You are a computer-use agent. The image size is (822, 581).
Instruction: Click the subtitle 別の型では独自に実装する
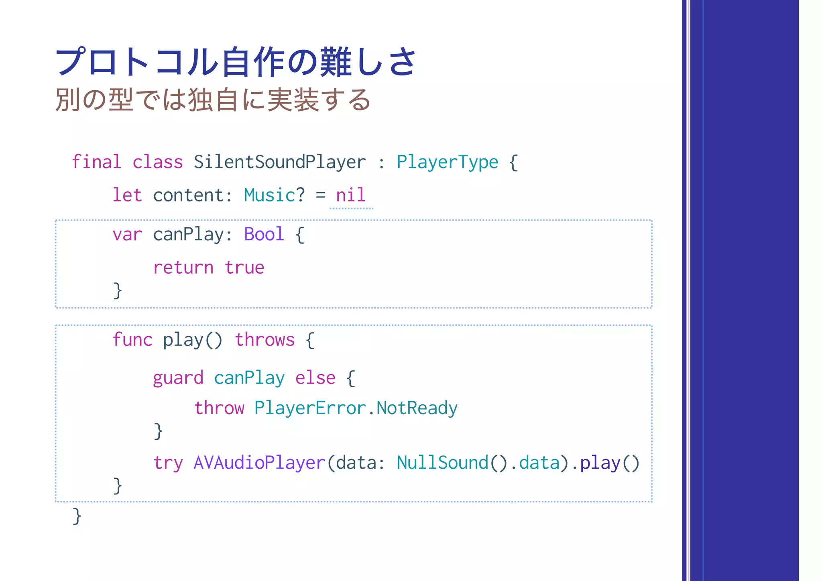[213, 100]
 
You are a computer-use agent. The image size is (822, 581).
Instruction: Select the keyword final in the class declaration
[96, 162]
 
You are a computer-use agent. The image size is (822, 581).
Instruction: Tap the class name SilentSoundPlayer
[280, 162]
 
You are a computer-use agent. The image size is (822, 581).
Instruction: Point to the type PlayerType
[447, 162]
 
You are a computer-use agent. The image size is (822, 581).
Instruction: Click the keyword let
[127, 195]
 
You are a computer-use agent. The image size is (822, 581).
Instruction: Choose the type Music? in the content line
[275, 195]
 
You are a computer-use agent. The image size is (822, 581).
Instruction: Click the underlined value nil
[351, 195]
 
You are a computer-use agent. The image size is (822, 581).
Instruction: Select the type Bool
[264, 234]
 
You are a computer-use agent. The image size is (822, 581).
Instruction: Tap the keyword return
[183, 268]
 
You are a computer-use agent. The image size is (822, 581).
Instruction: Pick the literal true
[244, 268]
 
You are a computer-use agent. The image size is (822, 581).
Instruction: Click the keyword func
[132, 340]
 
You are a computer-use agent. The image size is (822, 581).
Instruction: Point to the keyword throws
[265, 340]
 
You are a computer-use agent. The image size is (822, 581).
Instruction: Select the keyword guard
[178, 378]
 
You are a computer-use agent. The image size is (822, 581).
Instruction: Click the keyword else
[315, 378]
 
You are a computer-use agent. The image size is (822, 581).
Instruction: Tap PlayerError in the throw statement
[310, 408]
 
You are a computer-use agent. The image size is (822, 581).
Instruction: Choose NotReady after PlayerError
[417, 408]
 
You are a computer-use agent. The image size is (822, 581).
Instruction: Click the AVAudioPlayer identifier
[259, 463]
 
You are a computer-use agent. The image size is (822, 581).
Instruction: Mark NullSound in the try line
[442, 463]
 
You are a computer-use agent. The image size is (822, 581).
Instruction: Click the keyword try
[168, 463]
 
